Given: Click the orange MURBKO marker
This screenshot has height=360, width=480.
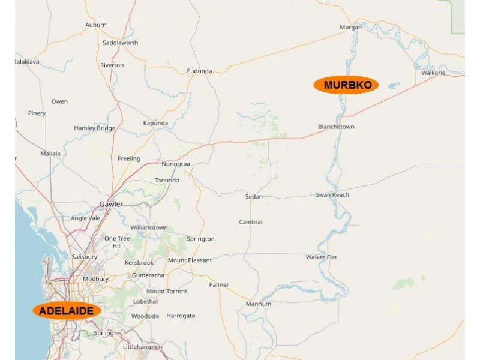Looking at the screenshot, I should coord(346,85).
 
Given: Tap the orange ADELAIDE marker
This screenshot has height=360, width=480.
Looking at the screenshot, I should coord(67,311).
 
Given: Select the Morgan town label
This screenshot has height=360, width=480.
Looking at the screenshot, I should coord(350,27).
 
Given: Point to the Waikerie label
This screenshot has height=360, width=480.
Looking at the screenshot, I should coord(433,73).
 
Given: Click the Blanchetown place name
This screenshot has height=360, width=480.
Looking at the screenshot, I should coord(336,127).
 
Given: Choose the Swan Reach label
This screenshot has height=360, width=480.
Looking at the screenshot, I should coord(332,195).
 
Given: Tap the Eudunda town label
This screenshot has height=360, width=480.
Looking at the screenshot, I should coord(199,71).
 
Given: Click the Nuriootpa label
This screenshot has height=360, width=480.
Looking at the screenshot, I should coord(176,164).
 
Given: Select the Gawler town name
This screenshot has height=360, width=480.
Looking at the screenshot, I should coord(111,204).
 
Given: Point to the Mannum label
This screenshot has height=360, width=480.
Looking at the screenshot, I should coord(259,304).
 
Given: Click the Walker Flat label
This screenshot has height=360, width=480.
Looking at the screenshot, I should coord(322,257).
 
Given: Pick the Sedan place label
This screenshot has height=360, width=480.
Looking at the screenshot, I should coord(254,197).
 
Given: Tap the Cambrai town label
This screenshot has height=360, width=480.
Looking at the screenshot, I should coord(251,222).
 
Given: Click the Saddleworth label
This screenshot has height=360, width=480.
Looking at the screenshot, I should coord(120,43).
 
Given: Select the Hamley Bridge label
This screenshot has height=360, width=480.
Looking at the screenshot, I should coord(94,128).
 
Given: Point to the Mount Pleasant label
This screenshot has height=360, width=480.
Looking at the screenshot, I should coord(190,260).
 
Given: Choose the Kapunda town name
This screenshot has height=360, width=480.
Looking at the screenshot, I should coord(155,123).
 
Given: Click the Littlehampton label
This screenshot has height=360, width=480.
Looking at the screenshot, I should coord(142,347).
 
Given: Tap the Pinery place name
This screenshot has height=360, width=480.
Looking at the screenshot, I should coord(37,113).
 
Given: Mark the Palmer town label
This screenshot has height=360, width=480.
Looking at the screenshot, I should coord(219,284).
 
